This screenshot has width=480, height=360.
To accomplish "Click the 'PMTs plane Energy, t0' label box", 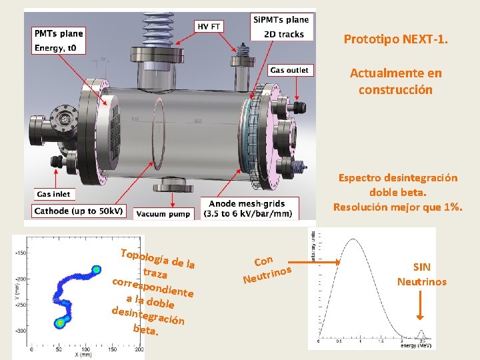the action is pos(59,40).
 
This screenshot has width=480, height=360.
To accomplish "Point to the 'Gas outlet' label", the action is pos(289,70).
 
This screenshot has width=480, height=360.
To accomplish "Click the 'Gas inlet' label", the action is pos(53,194).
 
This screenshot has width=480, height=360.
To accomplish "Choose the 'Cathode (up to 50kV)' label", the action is pos(79,211).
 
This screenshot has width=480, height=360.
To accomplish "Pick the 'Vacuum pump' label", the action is pos(163,213).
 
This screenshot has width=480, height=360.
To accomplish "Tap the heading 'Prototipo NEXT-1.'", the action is pos(395,39).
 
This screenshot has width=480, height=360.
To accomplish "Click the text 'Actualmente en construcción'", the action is pos(395,81).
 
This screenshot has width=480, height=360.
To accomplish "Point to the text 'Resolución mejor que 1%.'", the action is pos(397,207).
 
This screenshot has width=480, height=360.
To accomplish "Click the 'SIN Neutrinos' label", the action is pos(421,274).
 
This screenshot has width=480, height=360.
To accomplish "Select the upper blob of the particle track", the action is pos(97,269).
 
